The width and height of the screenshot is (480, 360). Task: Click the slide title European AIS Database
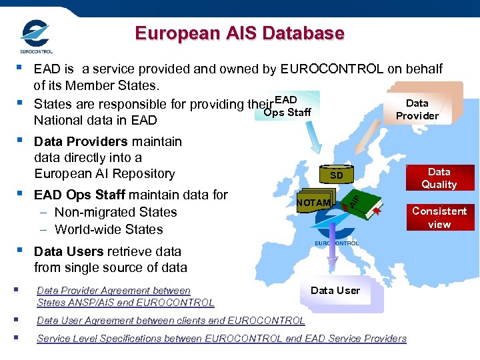(x=239, y=33)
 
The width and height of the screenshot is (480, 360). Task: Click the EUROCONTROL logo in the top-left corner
(x=36, y=36)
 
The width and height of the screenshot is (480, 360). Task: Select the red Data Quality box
(x=439, y=178)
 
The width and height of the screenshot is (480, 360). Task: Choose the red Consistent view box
(x=439, y=217)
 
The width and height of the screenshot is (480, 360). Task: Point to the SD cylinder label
(x=337, y=175)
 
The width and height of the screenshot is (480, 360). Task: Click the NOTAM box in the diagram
(x=313, y=203)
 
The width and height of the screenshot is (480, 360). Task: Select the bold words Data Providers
(x=81, y=141)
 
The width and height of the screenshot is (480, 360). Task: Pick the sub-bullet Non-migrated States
(x=115, y=212)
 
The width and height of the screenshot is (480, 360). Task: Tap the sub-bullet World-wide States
(x=109, y=229)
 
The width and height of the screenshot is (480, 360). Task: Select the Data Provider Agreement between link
(x=113, y=291)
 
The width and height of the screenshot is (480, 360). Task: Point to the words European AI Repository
(x=104, y=173)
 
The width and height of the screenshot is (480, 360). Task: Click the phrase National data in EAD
(x=95, y=120)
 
